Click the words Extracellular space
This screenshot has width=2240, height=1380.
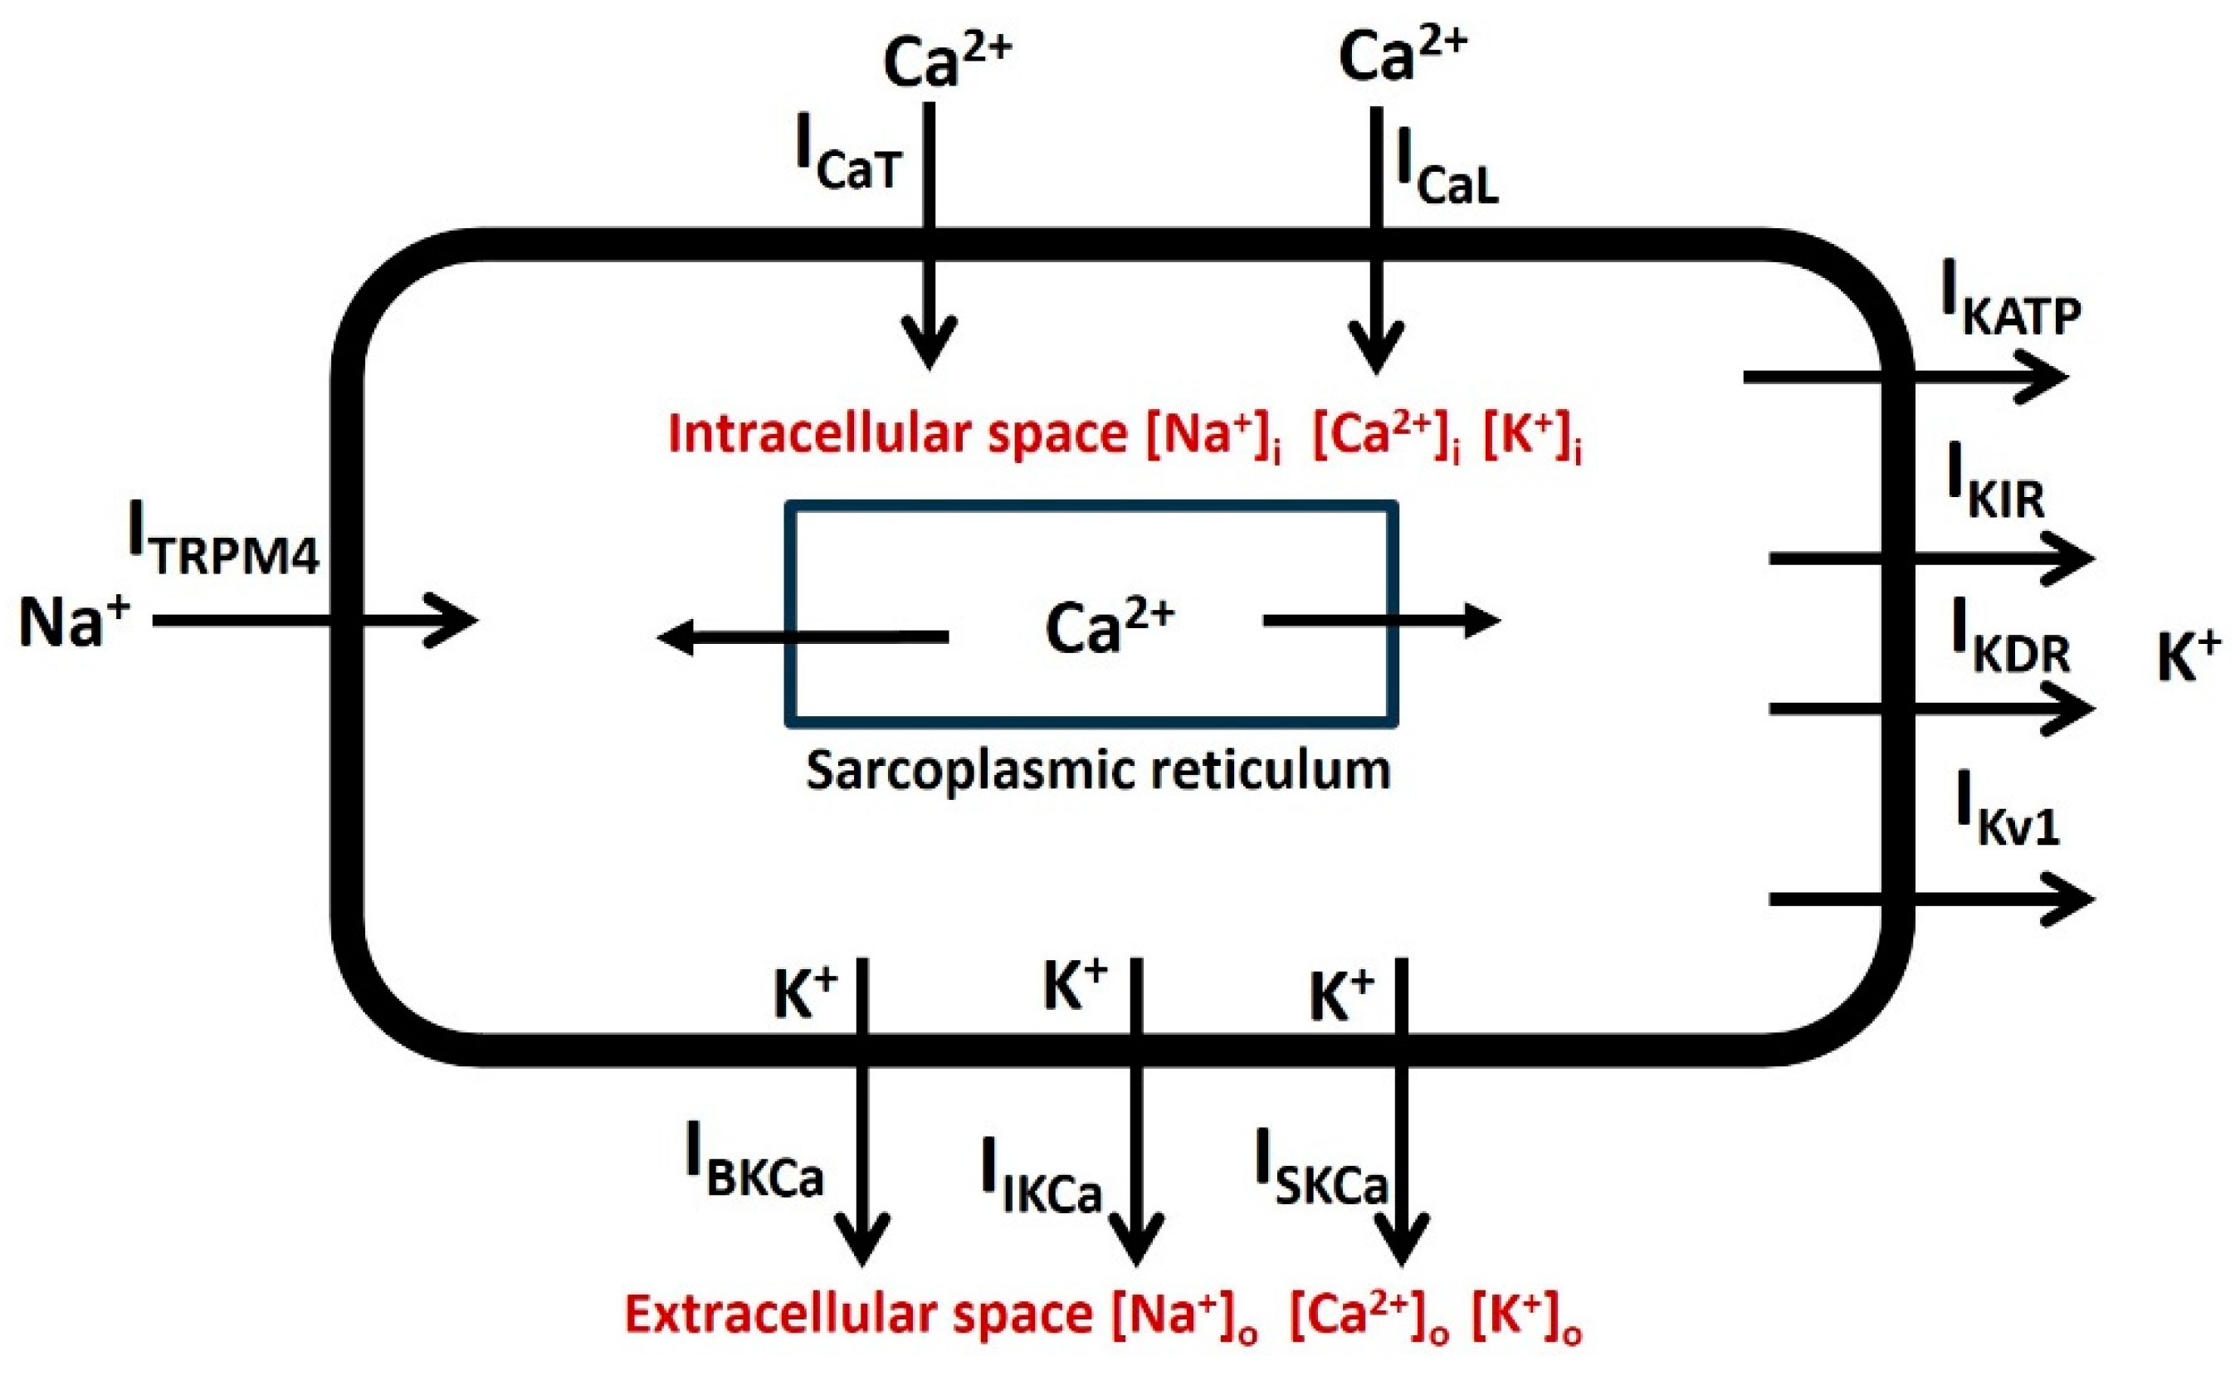[858, 1314]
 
